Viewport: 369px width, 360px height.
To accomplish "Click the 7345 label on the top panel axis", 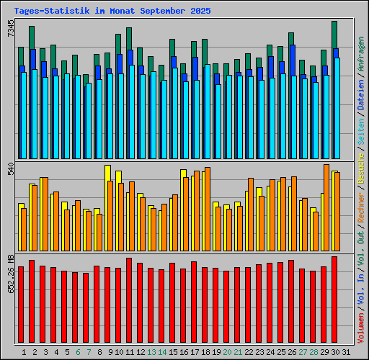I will coord(10,30).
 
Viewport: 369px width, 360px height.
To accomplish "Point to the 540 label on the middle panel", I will coord(10,170).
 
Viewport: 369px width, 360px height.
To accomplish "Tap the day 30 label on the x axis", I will coord(334,351).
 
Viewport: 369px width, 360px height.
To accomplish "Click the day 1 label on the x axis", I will coord(25,351).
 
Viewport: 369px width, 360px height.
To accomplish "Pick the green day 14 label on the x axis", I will coord(161,351).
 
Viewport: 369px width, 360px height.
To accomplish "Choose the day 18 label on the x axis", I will coord(205,351).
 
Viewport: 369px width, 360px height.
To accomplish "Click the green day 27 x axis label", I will coord(302,351).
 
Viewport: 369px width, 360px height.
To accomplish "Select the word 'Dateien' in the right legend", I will coord(361,107).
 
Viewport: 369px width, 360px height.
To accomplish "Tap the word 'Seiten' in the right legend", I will coord(361,140).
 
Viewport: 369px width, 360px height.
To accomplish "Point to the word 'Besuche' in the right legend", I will coord(361,172).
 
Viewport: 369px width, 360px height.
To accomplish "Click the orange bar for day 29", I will coord(326,209).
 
